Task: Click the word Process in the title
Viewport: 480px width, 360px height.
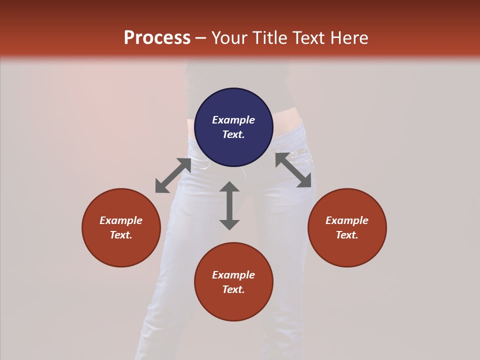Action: (157, 38)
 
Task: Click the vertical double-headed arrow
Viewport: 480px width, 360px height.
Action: (229, 205)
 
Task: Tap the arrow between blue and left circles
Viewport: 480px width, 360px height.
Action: (173, 175)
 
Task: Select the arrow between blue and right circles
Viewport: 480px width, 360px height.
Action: (293, 170)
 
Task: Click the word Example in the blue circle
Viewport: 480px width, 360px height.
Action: (233, 120)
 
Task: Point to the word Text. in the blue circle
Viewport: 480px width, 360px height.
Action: (233, 134)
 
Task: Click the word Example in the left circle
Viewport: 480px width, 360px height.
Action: (121, 220)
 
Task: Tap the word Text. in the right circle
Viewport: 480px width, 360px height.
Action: (347, 235)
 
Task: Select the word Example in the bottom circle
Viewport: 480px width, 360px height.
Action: (233, 275)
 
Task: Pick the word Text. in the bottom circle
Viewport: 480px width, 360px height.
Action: (233, 289)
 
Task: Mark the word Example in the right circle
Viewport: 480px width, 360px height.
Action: (347, 220)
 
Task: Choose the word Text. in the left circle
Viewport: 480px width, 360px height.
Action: (121, 235)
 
